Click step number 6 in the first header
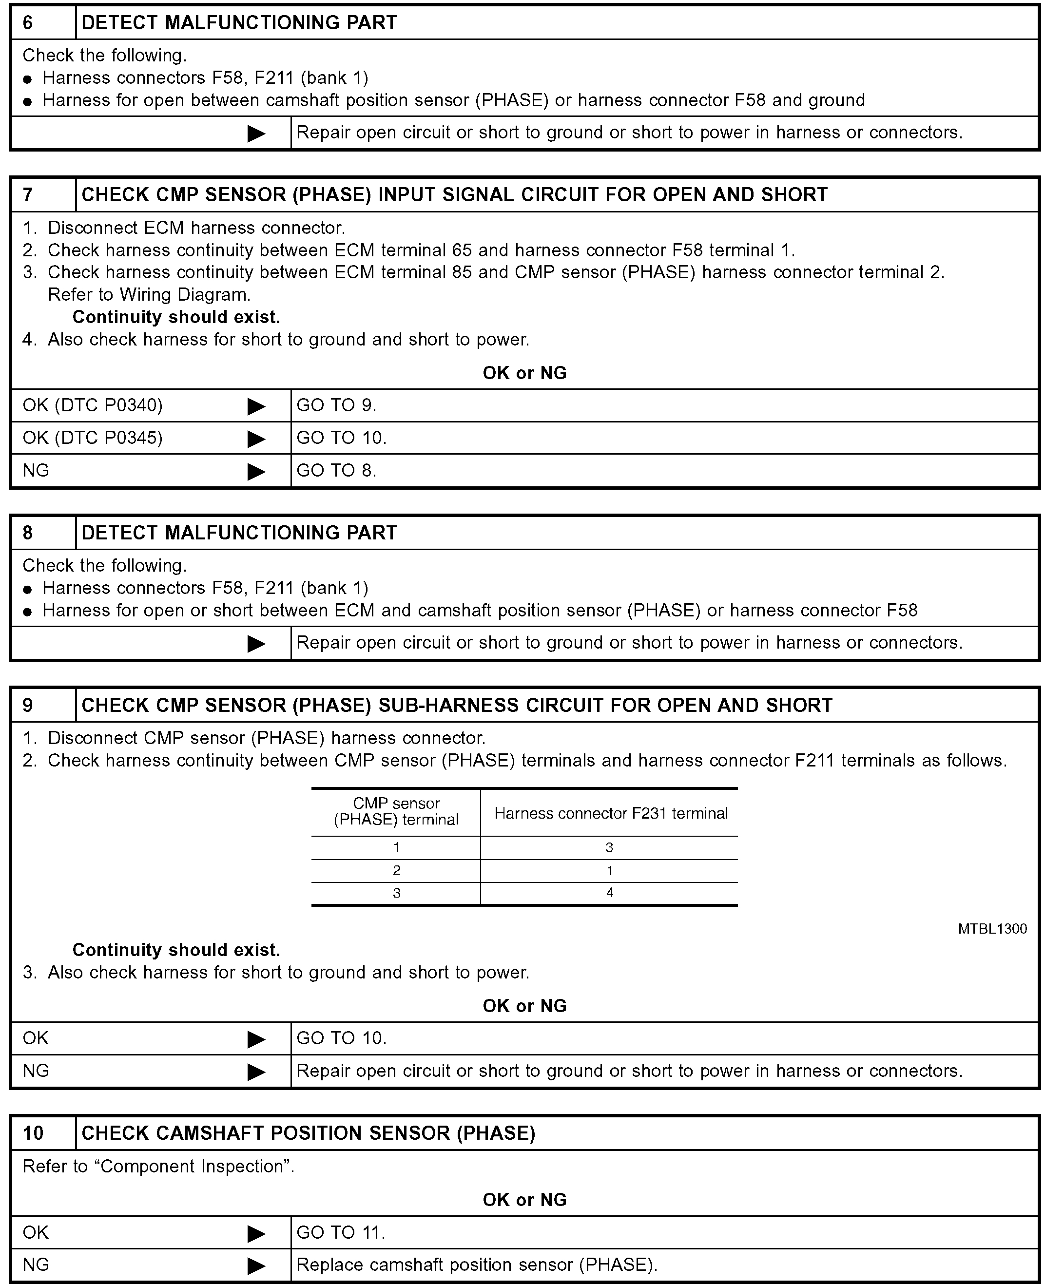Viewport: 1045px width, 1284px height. coord(28,23)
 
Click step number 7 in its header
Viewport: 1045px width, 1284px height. coord(28,195)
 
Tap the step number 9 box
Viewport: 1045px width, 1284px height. coord(28,705)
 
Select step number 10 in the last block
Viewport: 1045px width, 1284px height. coord(33,1133)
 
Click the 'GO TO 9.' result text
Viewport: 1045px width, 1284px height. coord(336,405)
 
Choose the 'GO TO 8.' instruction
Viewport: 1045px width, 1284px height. coord(336,471)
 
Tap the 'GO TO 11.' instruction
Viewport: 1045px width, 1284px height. coord(341,1232)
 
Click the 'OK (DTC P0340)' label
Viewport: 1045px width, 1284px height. coord(93,405)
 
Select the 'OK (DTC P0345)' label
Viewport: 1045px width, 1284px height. coord(93,438)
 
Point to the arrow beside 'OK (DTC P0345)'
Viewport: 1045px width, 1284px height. coord(256,439)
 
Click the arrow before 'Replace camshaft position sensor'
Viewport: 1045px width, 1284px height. coord(256,1265)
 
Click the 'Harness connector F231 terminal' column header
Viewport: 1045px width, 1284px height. coord(610,813)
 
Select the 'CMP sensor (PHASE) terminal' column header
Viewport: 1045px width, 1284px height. coord(396,812)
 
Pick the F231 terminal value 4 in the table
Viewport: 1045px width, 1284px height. coord(610,893)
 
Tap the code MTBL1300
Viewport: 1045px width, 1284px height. coord(992,929)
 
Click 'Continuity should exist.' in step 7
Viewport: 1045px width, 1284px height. coord(176,317)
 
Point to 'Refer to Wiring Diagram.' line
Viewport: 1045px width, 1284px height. coord(149,295)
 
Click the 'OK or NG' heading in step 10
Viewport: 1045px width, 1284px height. coord(524,1200)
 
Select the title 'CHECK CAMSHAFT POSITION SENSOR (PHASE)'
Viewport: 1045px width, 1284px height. coord(308,1133)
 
